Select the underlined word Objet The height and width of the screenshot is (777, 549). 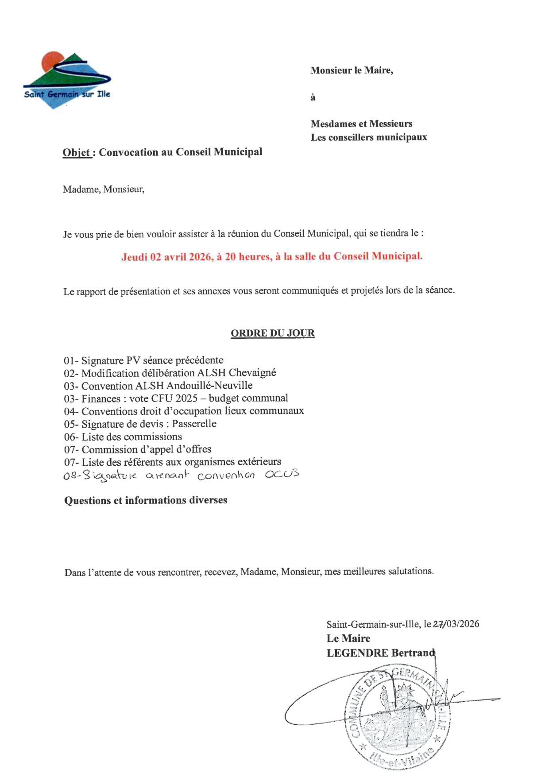(77, 153)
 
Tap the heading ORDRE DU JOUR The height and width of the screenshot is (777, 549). (272, 333)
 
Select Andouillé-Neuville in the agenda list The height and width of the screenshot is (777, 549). (209, 386)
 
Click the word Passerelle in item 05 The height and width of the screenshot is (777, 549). (194, 424)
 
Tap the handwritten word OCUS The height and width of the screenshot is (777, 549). (282, 474)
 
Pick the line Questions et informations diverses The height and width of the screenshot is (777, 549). (146, 500)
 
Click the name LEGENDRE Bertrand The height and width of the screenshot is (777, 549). (381, 653)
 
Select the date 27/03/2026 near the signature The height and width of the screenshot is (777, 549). (456, 624)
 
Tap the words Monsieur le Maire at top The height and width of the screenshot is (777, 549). (352, 70)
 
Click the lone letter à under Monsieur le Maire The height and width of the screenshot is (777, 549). (313, 97)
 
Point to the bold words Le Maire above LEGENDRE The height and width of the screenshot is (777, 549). (348, 638)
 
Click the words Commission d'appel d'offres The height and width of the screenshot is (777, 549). (147, 449)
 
